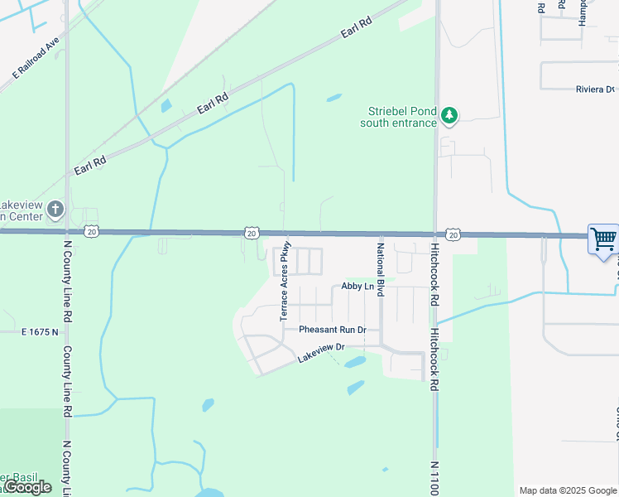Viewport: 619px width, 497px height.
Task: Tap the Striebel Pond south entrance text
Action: pyautogui.click(x=398, y=118)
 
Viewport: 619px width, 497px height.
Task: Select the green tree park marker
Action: pyautogui.click(x=449, y=116)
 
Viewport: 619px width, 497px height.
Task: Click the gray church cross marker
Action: pyautogui.click(x=55, y=209)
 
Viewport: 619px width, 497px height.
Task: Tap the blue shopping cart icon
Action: pyautogui.click(x=603, y=239)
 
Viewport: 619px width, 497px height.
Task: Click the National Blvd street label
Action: pyautogui.click(x=381, y=270)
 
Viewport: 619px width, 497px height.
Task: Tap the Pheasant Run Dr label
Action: pyautogui.click(x=332, y=330)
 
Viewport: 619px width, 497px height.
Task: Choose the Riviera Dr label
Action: pyautogui.click(x=595, y=89)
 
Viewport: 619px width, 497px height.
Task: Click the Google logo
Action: pyautogui.click(x=28, y=487)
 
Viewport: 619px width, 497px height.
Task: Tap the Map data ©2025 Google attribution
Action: pyautogui.click(x=568, y=490)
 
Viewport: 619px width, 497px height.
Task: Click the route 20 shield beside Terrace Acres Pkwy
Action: pyautogui.click(x=251, y=234)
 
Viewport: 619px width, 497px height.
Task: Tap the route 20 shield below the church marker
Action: pyautogui.click(x=91, y=233)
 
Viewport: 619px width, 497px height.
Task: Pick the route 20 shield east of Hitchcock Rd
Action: pyautogui.click(x=453, y=235)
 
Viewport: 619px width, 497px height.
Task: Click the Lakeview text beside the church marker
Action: pyautogui.click(x=15, y=205)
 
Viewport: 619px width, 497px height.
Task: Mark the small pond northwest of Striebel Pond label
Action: pyautogui.click(x=334, y=98)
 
